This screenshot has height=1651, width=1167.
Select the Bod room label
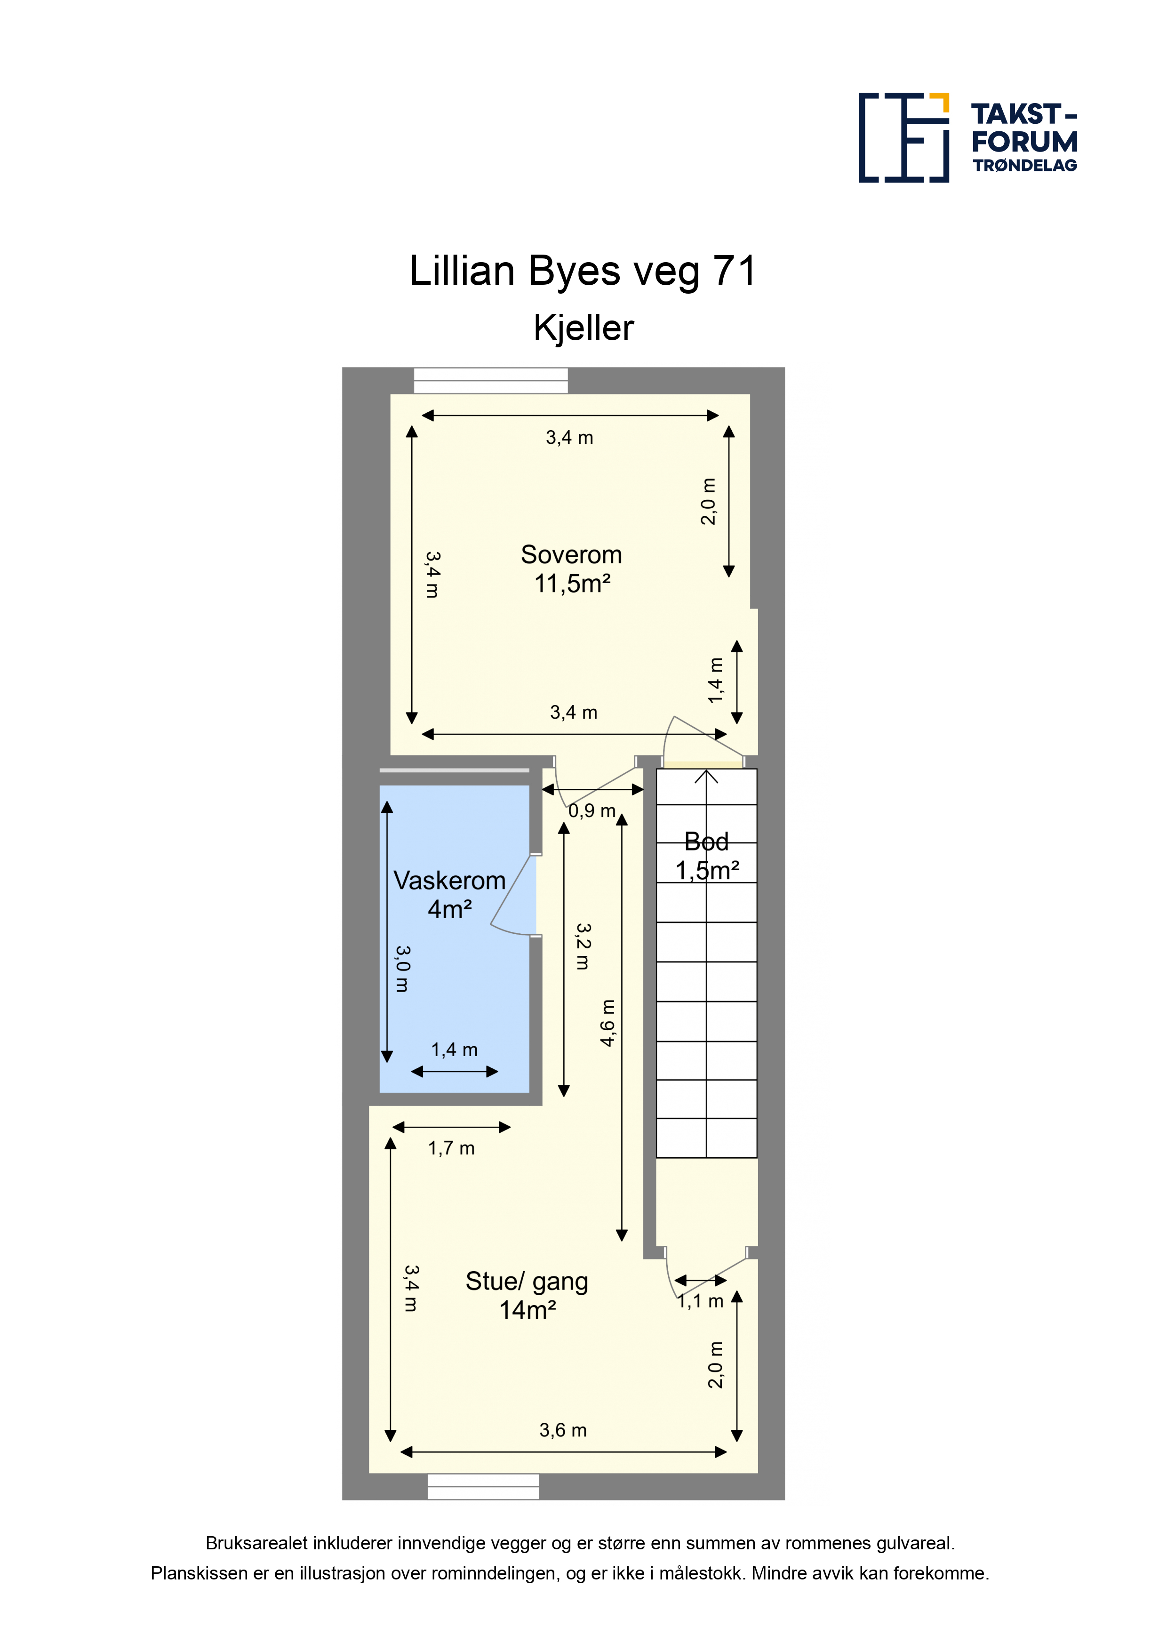coord(706,842)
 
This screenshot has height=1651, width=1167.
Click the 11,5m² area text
coord(572,583)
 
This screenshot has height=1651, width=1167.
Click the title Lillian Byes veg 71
coord(583,271)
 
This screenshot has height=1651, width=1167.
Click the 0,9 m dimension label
coord(592,811)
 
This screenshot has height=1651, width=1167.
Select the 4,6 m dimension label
coord(608,1023)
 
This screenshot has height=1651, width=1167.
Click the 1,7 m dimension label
coord(452,1148)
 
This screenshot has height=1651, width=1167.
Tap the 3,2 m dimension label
coord(583,946)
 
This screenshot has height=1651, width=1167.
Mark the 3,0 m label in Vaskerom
coord(403,969)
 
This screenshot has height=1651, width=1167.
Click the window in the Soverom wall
coord(490,380)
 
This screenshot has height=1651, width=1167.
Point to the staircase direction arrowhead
coord(707,777)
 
